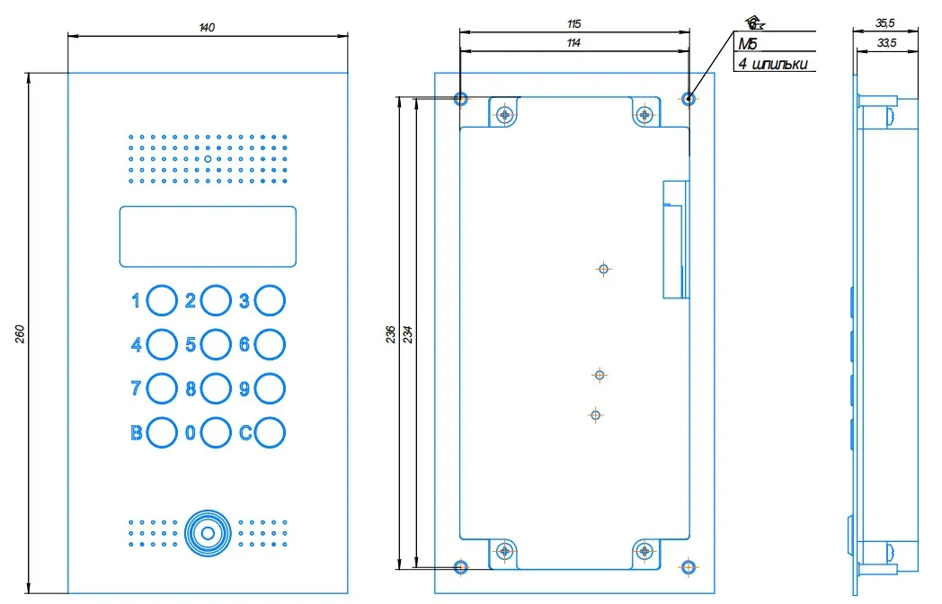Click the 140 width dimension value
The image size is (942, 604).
(x=207, y=28)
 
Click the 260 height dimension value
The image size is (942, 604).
(x=20, y=333)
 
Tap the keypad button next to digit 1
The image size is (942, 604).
(x=162, y=300)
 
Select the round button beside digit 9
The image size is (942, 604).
(x=270, y=388)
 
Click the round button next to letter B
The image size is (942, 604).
(x=162, y=432)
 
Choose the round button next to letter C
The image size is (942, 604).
(x=270, y=432)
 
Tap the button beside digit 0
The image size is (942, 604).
(x=216, y=432)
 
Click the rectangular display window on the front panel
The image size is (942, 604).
(x=208, y=236)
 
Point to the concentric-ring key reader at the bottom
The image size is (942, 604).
(x=208, y=532)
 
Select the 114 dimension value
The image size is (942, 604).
(x=573, y=43)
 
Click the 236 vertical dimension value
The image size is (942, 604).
(x=388, y=333)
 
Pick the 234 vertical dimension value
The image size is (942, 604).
(x=409, y=333)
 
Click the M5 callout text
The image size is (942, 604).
(x=748, y=44)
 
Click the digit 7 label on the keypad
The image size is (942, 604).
(x=137, y=388)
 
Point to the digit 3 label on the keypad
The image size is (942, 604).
(x=244, y=301)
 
